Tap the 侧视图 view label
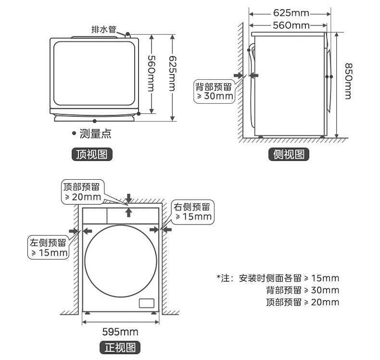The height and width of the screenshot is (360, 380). tap(289, 154)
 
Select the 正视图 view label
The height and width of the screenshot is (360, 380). tap(120, 348)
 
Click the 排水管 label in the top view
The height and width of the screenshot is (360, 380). tap(104, 29)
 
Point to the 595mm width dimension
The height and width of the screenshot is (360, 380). tap(120, 332)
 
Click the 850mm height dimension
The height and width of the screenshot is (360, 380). tap(348, 81)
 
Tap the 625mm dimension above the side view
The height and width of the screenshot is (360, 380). tap(291, 13)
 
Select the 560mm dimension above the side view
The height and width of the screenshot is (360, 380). tap(291, 25)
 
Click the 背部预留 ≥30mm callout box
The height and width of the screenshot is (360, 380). tap(213, 91)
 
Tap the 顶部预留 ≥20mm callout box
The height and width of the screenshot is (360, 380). tap(83, 192)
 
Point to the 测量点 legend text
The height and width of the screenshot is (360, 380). tap(95, 134)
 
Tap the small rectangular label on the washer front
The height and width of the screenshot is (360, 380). tap(146, 303)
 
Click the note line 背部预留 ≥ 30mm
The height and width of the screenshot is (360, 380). tap(302, 290)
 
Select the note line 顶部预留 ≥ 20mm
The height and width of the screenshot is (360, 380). tap(302, 302)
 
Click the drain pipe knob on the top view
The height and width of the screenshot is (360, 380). tap(128, 34)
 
